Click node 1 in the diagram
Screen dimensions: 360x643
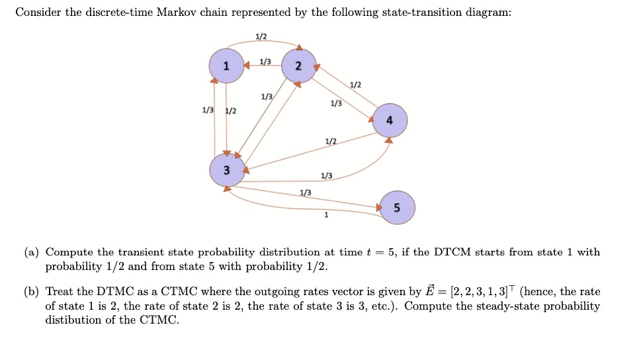[226, 66]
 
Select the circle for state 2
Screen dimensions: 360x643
[298, 66]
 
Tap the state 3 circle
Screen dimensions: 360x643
[226, 170]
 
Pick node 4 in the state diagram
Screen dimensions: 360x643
[390, 120]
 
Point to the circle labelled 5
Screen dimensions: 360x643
[398, 207]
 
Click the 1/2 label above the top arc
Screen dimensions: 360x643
[261, 36]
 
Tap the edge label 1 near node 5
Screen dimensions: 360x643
[325, 215]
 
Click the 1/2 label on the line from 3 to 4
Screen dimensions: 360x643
[331, 142]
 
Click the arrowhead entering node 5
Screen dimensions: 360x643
[379, 207]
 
